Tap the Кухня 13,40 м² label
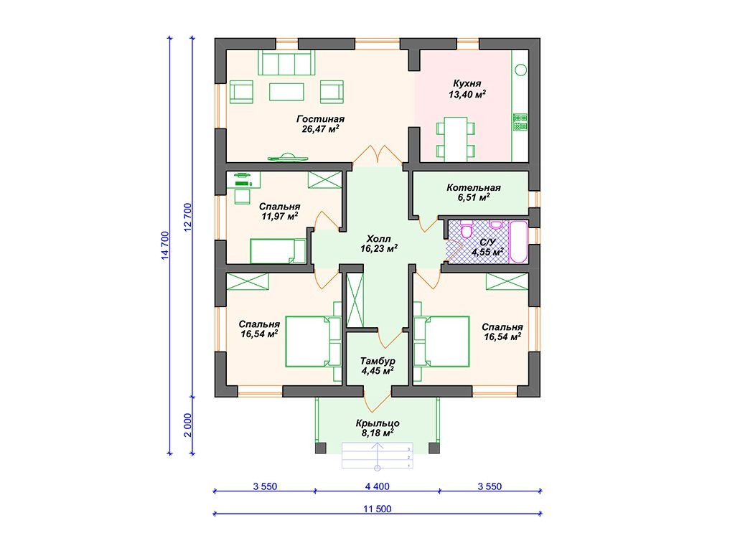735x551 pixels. [x=467, y=88]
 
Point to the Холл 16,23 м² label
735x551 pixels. [x=379, y=244]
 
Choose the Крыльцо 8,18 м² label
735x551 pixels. [x=378, y=428]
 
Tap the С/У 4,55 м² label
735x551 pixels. [x=487, y=247]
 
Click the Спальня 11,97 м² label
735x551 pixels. [x=279, y=212]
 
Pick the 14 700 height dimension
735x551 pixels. [x=164, y=245]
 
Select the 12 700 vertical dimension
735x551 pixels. [x=187, y=217]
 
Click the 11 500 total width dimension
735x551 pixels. [x=378, y=509]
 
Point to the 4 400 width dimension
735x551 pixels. [x=378, y=486]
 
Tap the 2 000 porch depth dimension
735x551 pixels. [x=187, y=425]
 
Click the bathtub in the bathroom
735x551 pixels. [x=518, y=241]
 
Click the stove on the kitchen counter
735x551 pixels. [x=520, y=122]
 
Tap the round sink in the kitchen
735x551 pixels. [x=521, y=70]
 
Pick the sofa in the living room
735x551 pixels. [x=286, y=63]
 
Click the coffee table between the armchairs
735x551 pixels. [x=286, y=91]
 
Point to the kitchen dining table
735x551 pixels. [x=456, y=139]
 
